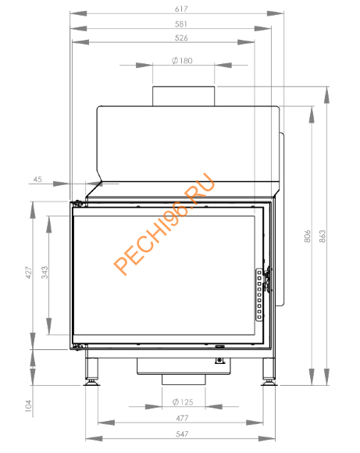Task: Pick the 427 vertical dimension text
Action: point(28,273)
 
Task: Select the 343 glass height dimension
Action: point(45,273)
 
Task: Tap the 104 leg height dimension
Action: point(28,405)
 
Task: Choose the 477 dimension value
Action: point(181,418)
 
